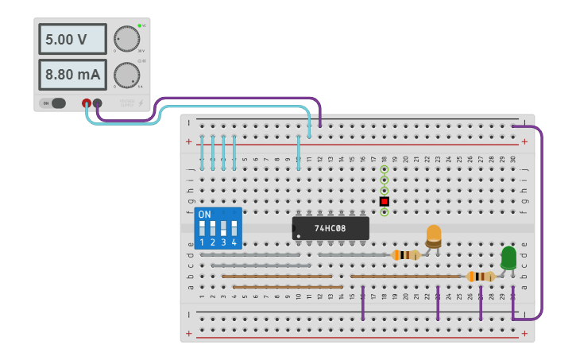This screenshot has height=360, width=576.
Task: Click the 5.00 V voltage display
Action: (x=72, y=39)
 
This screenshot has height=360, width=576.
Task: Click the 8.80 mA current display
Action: (x=72, y=75)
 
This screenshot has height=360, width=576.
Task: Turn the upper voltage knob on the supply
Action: (x=126, y=38)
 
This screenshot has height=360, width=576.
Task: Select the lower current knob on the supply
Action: (x=126, y=75)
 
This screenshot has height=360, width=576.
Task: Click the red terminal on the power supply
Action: (x=87, y=103)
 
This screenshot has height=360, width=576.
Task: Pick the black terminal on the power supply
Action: (x=98, y=103)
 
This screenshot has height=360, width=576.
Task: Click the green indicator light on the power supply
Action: (x=139, y=26)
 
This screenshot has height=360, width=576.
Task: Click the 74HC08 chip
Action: (x=331, y=228)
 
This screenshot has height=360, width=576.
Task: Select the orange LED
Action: (x=434, y=235)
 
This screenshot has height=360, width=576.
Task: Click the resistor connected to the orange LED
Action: (x=406, y=255)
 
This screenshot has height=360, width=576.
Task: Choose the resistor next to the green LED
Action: (x=481, y=277)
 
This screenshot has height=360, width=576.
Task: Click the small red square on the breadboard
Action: (x=384, y=201)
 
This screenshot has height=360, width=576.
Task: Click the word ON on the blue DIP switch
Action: (x=205, y=215)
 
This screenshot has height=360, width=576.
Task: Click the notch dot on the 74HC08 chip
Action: (x=299, y=235)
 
